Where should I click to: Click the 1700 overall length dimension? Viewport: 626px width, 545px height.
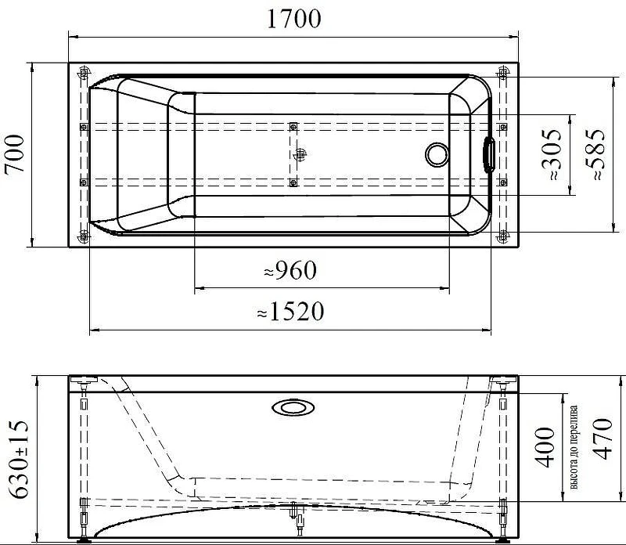click(293, 18)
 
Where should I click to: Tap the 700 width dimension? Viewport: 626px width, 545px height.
click(15, 153)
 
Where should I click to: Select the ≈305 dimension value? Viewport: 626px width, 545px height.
click(552, 154)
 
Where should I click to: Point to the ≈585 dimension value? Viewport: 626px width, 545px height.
click(595, 154)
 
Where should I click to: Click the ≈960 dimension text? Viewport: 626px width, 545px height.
click(290, 270)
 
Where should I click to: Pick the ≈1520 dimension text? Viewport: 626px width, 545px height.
click(290, 312)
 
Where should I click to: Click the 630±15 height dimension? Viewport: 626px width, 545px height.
click(19, 459)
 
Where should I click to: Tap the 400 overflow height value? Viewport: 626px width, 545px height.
click(545, 447)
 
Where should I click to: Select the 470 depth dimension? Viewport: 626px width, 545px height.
click(602, 439)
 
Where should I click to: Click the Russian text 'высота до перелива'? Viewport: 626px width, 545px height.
click(574, 448)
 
